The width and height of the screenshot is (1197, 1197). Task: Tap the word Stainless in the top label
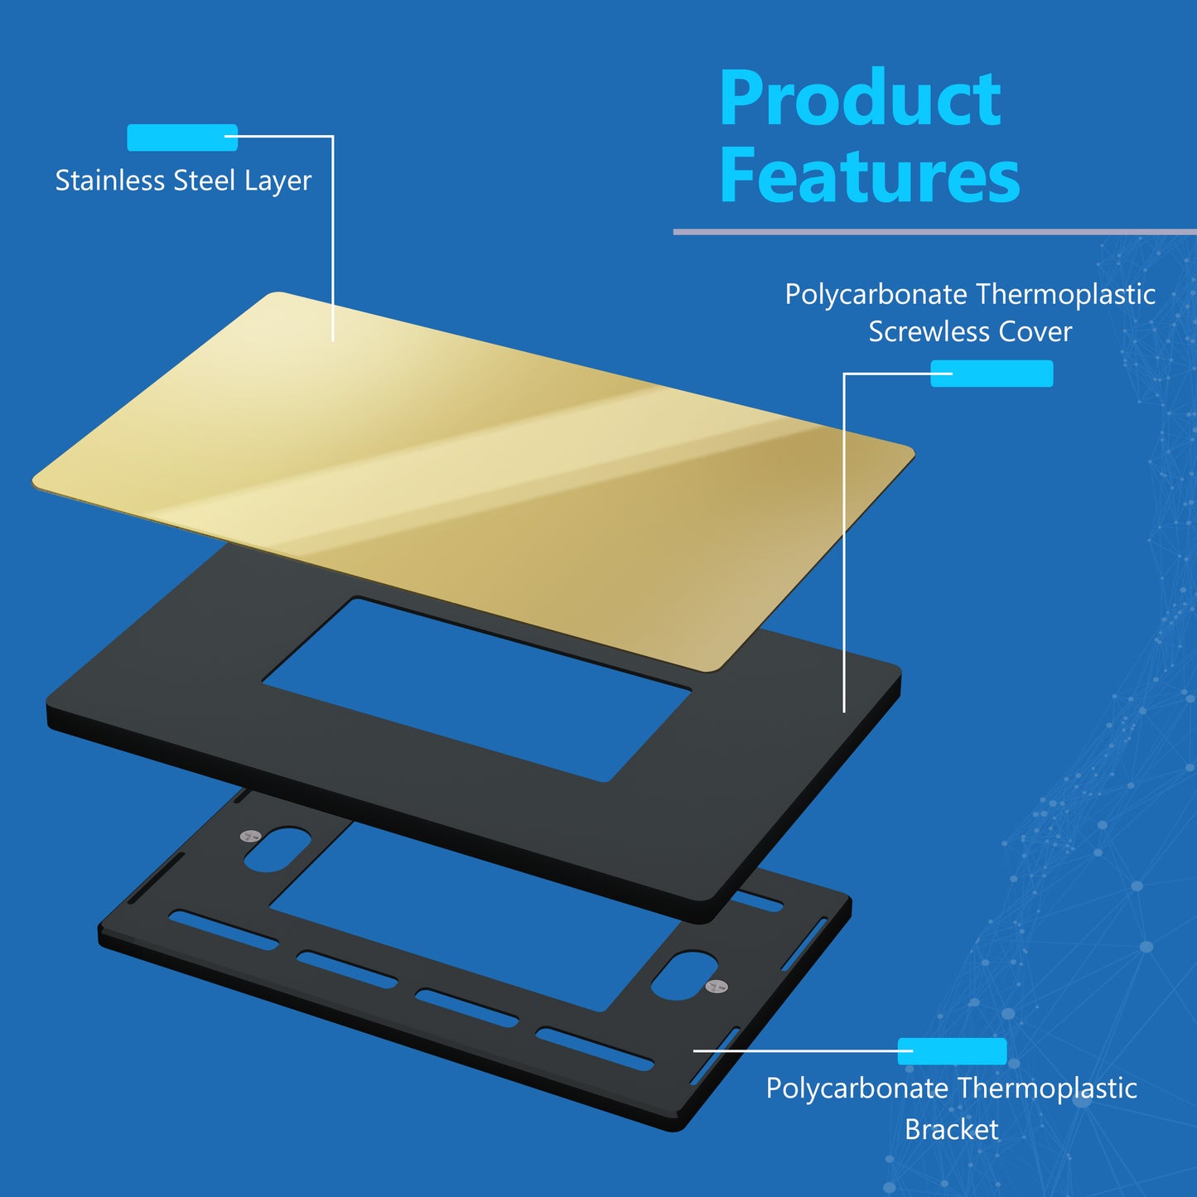110,180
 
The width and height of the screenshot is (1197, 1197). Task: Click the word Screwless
929,331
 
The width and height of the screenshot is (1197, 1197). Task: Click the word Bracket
951,1129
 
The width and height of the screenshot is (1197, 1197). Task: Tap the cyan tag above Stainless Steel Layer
182,138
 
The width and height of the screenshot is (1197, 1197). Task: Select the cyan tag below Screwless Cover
992,374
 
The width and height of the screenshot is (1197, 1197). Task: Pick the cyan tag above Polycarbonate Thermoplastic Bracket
952,1051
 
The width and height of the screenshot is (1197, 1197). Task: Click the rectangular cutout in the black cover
476,689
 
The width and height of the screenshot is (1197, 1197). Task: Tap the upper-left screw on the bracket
250,836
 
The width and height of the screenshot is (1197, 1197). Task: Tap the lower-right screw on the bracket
717,986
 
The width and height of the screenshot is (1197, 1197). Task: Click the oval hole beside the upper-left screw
277,849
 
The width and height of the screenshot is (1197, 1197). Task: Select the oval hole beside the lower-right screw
684,975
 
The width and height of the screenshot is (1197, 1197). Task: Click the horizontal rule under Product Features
935,232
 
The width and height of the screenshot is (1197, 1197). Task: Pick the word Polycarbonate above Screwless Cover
876,294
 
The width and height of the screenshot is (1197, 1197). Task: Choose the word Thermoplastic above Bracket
1047,1089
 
